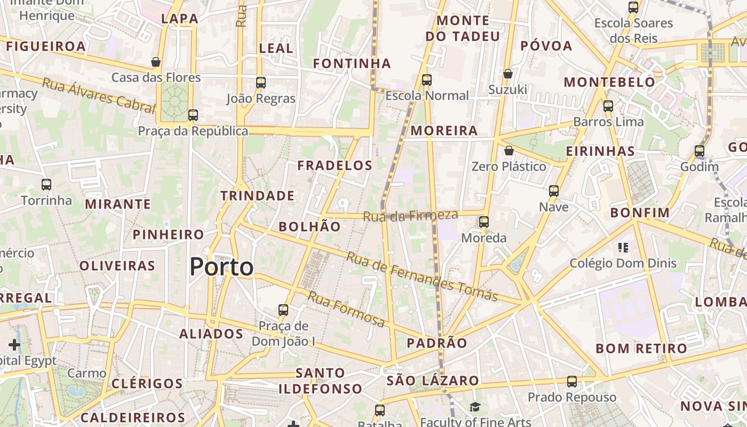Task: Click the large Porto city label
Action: click(x=221, y=266)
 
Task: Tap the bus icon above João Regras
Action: click(x=261, y=83)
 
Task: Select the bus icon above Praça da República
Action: click(x=193, y=115)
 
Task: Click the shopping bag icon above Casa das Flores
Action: click(x=156, y=62)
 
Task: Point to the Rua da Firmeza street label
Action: click(x=410, y=216)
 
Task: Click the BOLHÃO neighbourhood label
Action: click(x=309, y=226)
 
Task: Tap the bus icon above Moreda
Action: click(x=484, y=222)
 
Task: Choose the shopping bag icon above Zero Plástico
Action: click(x=509, y=151)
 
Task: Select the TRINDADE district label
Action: click(x=258, y=196)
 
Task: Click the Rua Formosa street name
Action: click(x=346, y=309)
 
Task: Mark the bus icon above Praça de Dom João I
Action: click(x=283, y=310)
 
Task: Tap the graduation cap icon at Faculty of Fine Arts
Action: click(x=475, y=408)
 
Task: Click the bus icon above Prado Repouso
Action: click(x=572, y=382)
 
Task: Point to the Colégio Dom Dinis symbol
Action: click(x=623, y=247)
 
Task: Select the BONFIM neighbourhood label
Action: click(x=640, y=213)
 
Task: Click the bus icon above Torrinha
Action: click(x=46, y=185)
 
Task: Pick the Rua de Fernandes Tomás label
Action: click(x=422, y=276)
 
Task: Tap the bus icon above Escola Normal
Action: click(x=427, y=80)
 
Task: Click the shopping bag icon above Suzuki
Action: click(x=508, y=73)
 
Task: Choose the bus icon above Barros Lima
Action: click(x=608, y=106)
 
